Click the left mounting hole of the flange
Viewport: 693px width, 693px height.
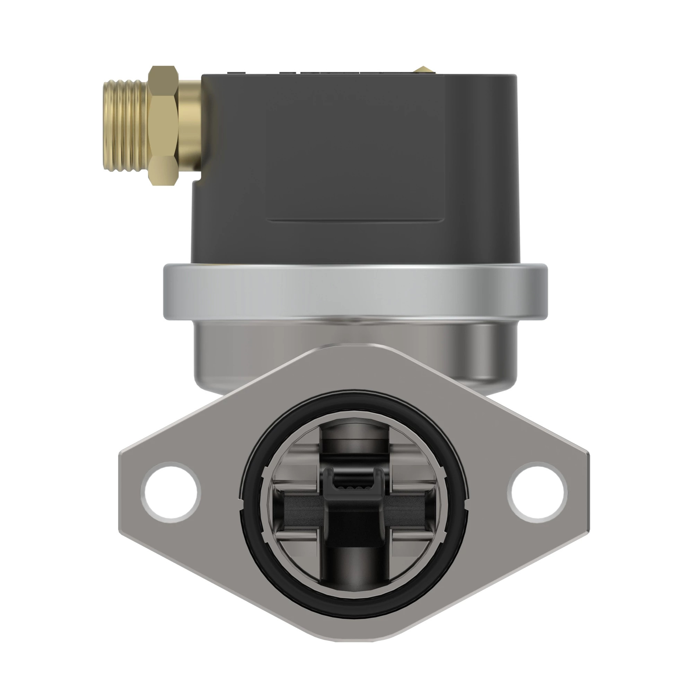pyautogui.click(x=171, y=492)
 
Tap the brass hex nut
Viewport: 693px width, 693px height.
pyautogui.click(x=164, y=125)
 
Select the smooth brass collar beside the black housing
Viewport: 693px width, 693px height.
pyautogui.click(x=190, y=124)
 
